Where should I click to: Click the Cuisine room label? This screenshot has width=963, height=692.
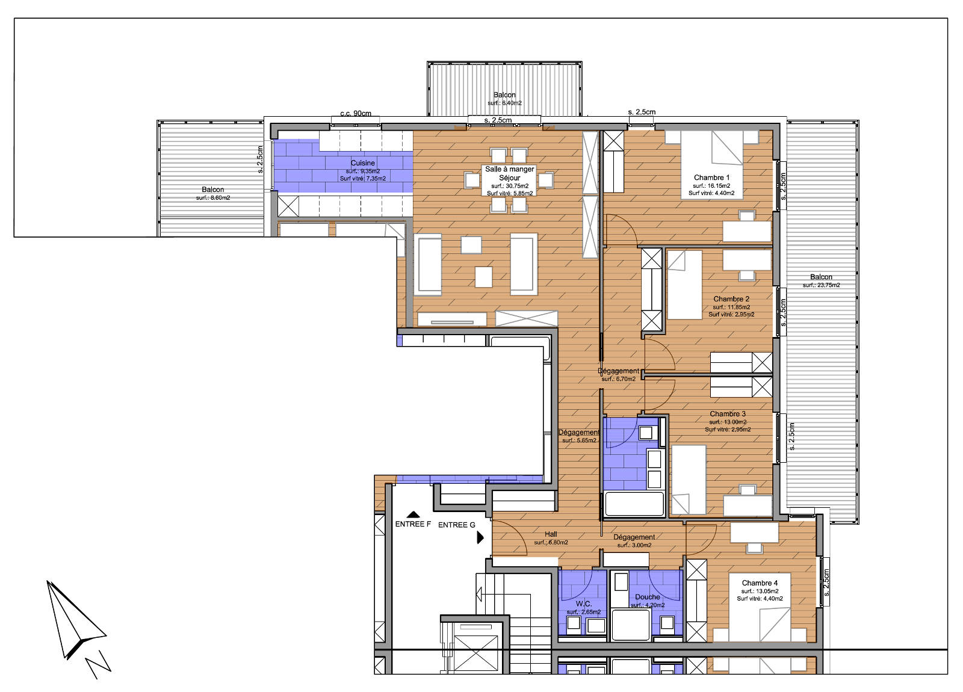tap(363, 163)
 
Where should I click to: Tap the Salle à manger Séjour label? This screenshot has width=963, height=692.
tap(510, 173)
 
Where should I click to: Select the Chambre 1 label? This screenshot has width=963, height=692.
tap(711, 178)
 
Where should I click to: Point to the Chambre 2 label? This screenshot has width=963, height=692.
tap(731, 299)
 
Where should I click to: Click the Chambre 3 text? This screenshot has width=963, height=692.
tap(728, 414)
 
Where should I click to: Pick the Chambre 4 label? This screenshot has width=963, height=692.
tap(760, 583)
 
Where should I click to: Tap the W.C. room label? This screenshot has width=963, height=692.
tap(583, 604)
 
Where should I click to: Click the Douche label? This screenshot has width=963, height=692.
tap(648, 597)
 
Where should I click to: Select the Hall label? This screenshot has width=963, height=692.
tap(551, 534)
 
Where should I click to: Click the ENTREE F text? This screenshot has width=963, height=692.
tap(413, 524)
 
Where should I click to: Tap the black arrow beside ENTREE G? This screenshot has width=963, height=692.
tap(480, 537)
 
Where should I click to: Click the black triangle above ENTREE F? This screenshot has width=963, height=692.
tap(413, 514)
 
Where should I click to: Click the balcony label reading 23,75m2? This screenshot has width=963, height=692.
tap(821, 281)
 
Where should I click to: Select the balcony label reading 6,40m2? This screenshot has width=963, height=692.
tap(504, 99)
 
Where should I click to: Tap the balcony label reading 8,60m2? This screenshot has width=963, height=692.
tap(213, 193)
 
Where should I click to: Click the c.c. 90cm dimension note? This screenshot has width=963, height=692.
tap(356, 114)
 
